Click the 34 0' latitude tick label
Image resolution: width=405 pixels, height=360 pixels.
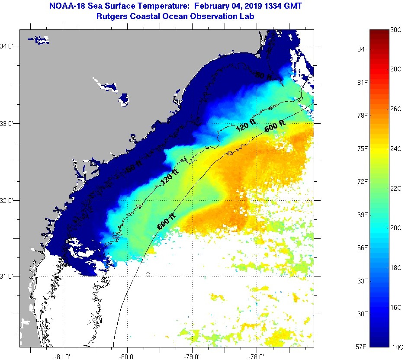8,46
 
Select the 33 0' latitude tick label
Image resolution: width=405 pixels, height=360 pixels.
8,123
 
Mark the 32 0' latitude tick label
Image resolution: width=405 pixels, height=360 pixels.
8,200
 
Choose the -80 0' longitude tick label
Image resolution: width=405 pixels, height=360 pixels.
128,357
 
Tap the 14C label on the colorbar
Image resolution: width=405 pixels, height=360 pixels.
397,347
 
